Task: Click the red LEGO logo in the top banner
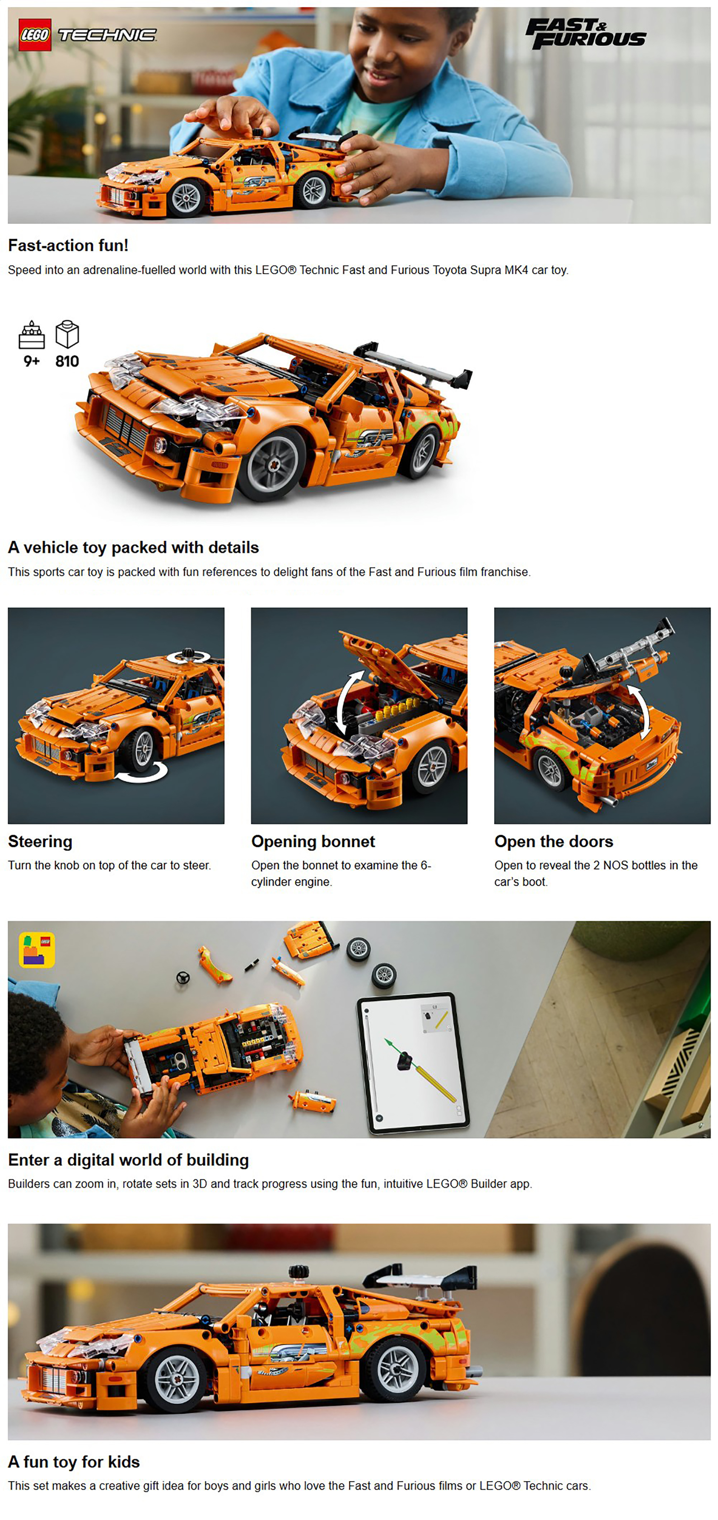click(35, 35)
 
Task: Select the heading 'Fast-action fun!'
click(68, 246)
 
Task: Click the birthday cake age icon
click(32, 335)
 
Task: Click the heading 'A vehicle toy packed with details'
click(133, 547)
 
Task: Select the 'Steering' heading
click(40, 841)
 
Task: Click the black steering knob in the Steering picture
click(188, 653)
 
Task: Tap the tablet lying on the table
click(413, 1062)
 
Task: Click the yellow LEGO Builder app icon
click(37, 950)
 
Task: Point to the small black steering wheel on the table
click(183, 978)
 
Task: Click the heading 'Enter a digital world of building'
click(129, 1160)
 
